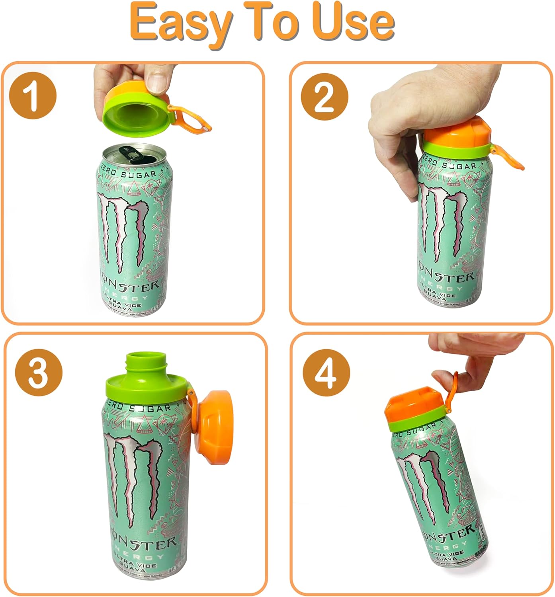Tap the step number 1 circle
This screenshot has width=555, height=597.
click(33, 96)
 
